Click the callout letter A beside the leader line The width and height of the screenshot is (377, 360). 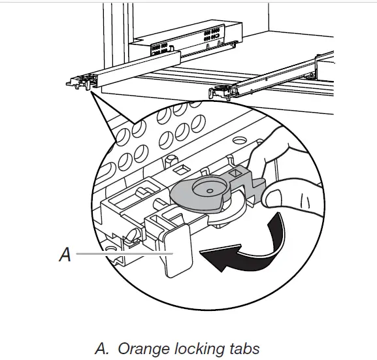[x=65, y=254]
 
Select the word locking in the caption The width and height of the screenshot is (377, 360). [x=199, y=349]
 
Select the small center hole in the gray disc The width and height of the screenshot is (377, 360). [x=210, y=191]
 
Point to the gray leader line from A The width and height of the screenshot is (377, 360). [x=125, y=254]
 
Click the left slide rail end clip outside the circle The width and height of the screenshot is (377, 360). [x=79, y=82]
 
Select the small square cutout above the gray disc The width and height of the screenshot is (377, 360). [x=182, y=169]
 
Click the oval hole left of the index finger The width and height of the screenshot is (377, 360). [x=239, y=140]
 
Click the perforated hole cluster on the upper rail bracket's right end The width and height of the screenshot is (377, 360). [x=212, y=35]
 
